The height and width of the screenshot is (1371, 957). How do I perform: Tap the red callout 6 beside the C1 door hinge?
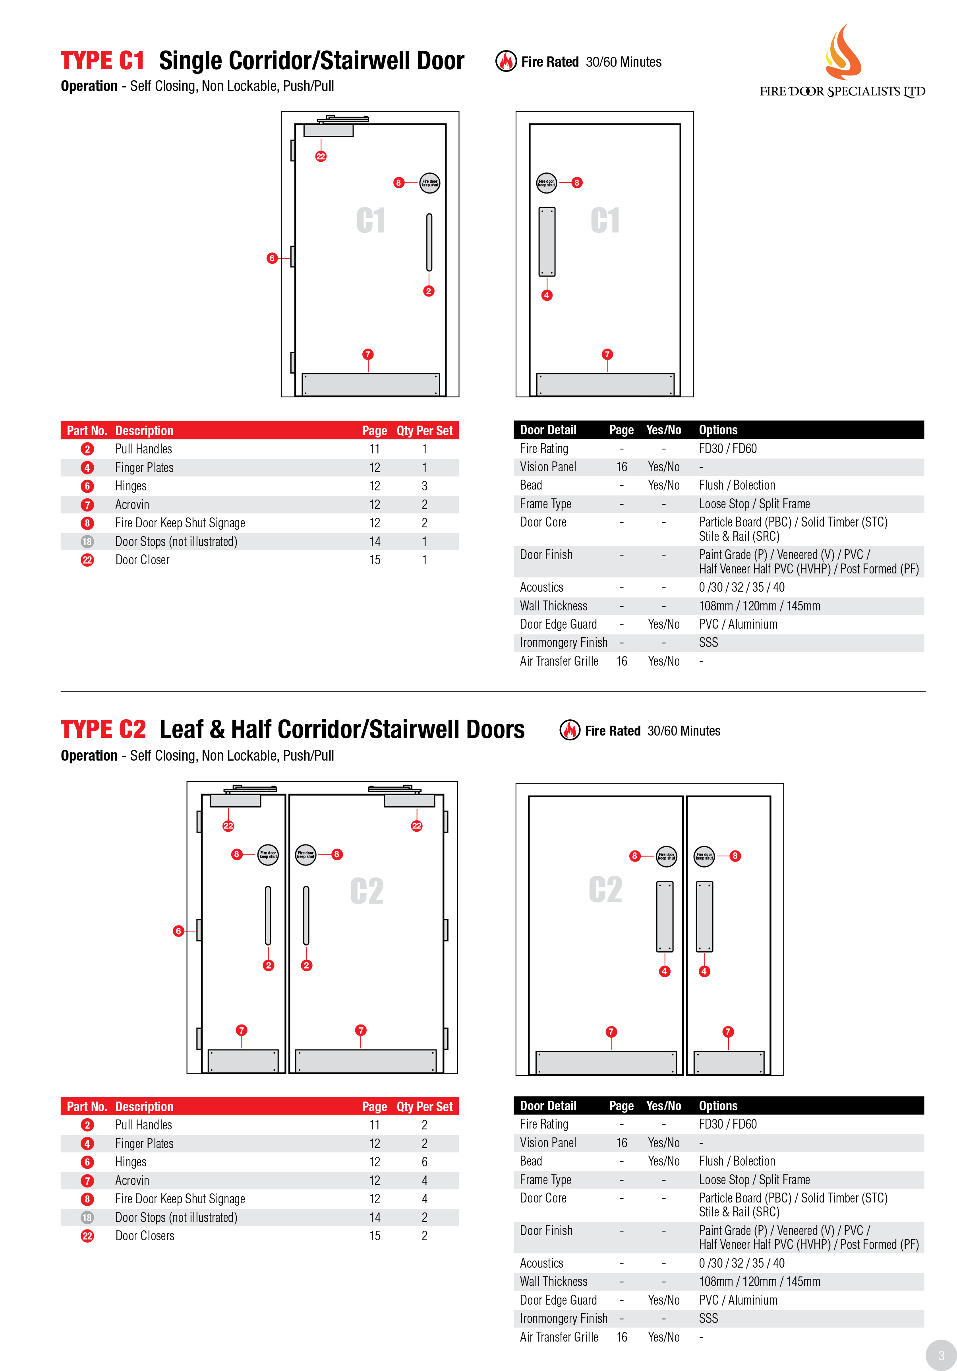272,258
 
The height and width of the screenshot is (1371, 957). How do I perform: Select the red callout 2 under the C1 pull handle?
429,291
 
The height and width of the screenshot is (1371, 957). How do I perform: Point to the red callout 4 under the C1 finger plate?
546,295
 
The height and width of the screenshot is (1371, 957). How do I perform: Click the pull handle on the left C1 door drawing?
429,242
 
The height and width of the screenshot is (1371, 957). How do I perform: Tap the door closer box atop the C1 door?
329,130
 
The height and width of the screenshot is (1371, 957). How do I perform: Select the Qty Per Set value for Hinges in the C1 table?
424,486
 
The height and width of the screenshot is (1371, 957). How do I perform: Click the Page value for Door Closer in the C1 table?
374,560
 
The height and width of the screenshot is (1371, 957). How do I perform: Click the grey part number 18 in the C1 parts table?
87,542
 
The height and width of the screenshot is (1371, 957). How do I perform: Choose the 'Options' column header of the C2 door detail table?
718,1106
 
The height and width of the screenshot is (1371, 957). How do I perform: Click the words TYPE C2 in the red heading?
103,730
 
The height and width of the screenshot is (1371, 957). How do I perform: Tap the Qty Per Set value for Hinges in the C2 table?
424,1162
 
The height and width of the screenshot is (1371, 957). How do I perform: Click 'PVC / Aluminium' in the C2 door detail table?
738,1300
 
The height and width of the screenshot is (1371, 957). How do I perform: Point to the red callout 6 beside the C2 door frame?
178,931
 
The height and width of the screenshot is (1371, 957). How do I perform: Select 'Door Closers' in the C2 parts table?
145,1236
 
